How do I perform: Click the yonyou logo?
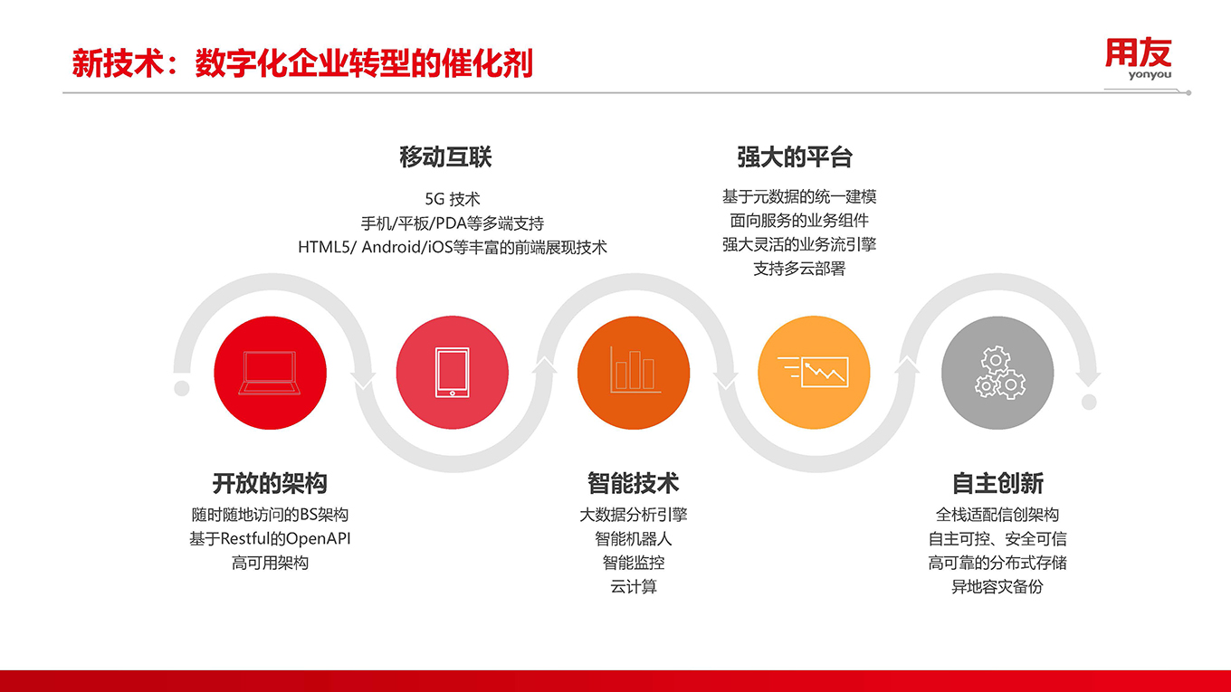pyautogui.click(x=1138, y=59)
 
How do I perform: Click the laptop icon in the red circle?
pyautogui.click(x=270, y=373)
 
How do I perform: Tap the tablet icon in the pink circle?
pyautogui.click(x=453, y=373)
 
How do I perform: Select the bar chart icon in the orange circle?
pyautogui.click(x=635, y=370)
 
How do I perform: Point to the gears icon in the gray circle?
pyautogui.click(x=1000, y=373)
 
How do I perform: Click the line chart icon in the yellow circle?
pyautogui.click(x=814, y=372)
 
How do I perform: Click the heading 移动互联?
pyautogui.click(x=445, y=157)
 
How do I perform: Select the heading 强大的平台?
pyautogui.click(x=794, y=157)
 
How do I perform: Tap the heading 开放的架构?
pyautogui.click(x=270, y=483)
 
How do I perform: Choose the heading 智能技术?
pyautogui.click(x=633, y=483)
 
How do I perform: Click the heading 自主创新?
pyautogui.click(x=997, y=483)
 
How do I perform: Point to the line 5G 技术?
pyautogui.click(x=453, y=199)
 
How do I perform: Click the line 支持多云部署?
pyautogui.click(x=799, y=269)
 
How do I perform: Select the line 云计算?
pyautogui.click(x=633, y=586)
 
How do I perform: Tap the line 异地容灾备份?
pyautogui.click(x=997, y=586)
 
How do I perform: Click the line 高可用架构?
pyautogui.click(x=270, y=563)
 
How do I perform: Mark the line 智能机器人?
pyautogui.click(x=633, y=538)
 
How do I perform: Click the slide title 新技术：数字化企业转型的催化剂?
pyautogui.click(x=302, y=63)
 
